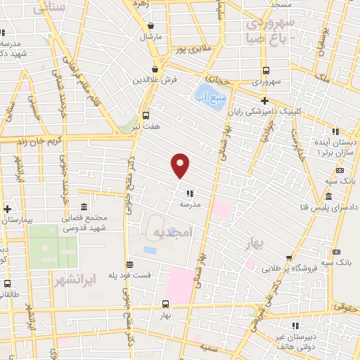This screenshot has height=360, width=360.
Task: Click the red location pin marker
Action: click(181, 165)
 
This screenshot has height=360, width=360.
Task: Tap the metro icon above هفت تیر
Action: click(146, 115)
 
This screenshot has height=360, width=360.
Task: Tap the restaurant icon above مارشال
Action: click(149, 23)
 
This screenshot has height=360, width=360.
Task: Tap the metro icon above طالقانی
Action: click(7, 284)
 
